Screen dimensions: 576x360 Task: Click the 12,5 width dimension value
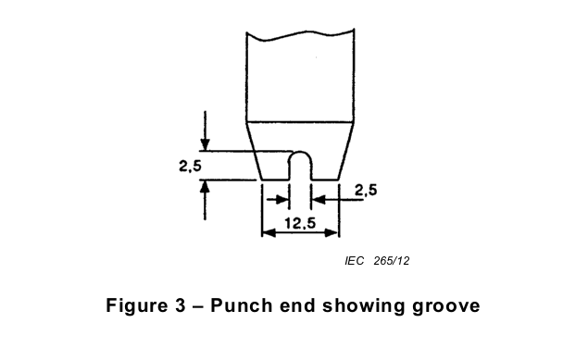coord(300,223)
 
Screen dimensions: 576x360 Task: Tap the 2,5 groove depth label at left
coord(190,166)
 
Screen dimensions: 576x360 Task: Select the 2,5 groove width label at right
coord(366,190)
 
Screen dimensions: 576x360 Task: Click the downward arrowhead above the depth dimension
coord(206,144)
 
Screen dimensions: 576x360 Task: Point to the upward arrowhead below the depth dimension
coord(205,186)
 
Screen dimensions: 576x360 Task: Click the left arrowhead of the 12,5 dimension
coord(269,232)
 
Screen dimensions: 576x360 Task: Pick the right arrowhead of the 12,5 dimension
coord(332,232)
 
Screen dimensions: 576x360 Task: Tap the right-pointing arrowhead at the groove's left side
coord(282,200)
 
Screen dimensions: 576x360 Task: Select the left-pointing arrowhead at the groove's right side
coord(319,200)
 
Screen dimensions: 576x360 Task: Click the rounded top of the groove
coord(300,152)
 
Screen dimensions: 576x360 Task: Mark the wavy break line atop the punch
coord(300,35)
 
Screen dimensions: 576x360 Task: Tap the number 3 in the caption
coord(180,305)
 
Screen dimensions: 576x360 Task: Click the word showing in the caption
coord(363,306)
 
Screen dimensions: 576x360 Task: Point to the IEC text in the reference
coord(355,261)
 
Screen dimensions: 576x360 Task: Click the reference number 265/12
coord(392,261)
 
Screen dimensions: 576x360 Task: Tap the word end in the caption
coord(297,305)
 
